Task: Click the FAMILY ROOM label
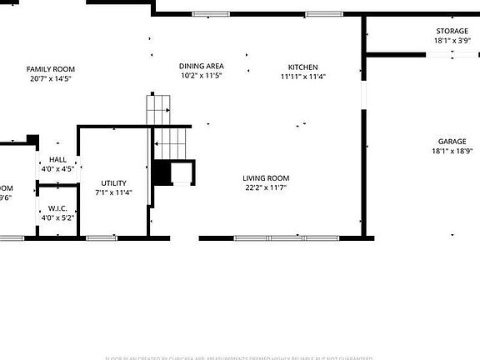(x=51, y=69)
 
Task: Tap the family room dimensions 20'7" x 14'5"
(x=51, y=78)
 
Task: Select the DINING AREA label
(x=202, y=66)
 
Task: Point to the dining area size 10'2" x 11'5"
(x=202, y=75)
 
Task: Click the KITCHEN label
(x=303, y=67)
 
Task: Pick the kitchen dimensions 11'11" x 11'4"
(x=303, y=77)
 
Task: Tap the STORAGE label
(x=452, y=31)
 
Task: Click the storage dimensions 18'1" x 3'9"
(x=452, y=40)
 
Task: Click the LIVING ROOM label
(x=267, y=177)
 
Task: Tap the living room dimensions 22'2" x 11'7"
(x=267, y=187)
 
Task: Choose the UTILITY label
(x=114, y=183)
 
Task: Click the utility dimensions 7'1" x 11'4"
(x=114, y=192)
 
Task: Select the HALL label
(x=57, y=159)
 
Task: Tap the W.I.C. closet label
(x=57, y=208)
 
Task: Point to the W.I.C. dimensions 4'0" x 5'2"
(x=57, y=217)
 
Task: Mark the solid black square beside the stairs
(x=161, y=173)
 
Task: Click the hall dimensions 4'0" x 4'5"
(x=57, y=168)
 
